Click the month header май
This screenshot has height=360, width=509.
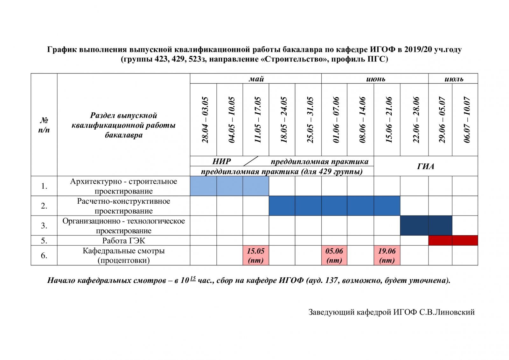pos(256,79)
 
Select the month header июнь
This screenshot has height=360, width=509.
pos(376,79)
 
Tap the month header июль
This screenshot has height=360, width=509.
pos(454,79)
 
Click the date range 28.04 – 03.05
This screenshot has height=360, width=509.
pos(205,120)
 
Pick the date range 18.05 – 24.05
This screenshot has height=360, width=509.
pos(284,120)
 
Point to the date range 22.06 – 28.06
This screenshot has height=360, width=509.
pos(416,120)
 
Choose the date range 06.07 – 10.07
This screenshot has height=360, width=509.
pos(467,120)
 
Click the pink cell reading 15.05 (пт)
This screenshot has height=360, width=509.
pos(256,255)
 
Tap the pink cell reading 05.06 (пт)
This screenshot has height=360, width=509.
pos(334,255)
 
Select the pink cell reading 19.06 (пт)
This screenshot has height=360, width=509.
pos(387,255)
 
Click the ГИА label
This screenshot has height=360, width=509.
pos(426,166)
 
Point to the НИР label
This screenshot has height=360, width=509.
pos(221,161)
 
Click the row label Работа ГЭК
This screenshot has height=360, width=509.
pos(124,241)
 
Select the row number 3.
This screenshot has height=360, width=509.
pos(44,226)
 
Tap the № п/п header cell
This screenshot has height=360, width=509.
pos(44,125)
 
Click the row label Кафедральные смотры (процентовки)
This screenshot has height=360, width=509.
pos(124,255)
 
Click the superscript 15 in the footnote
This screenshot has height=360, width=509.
pos(193,278)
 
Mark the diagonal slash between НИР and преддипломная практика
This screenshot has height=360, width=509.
pos(251,161)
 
